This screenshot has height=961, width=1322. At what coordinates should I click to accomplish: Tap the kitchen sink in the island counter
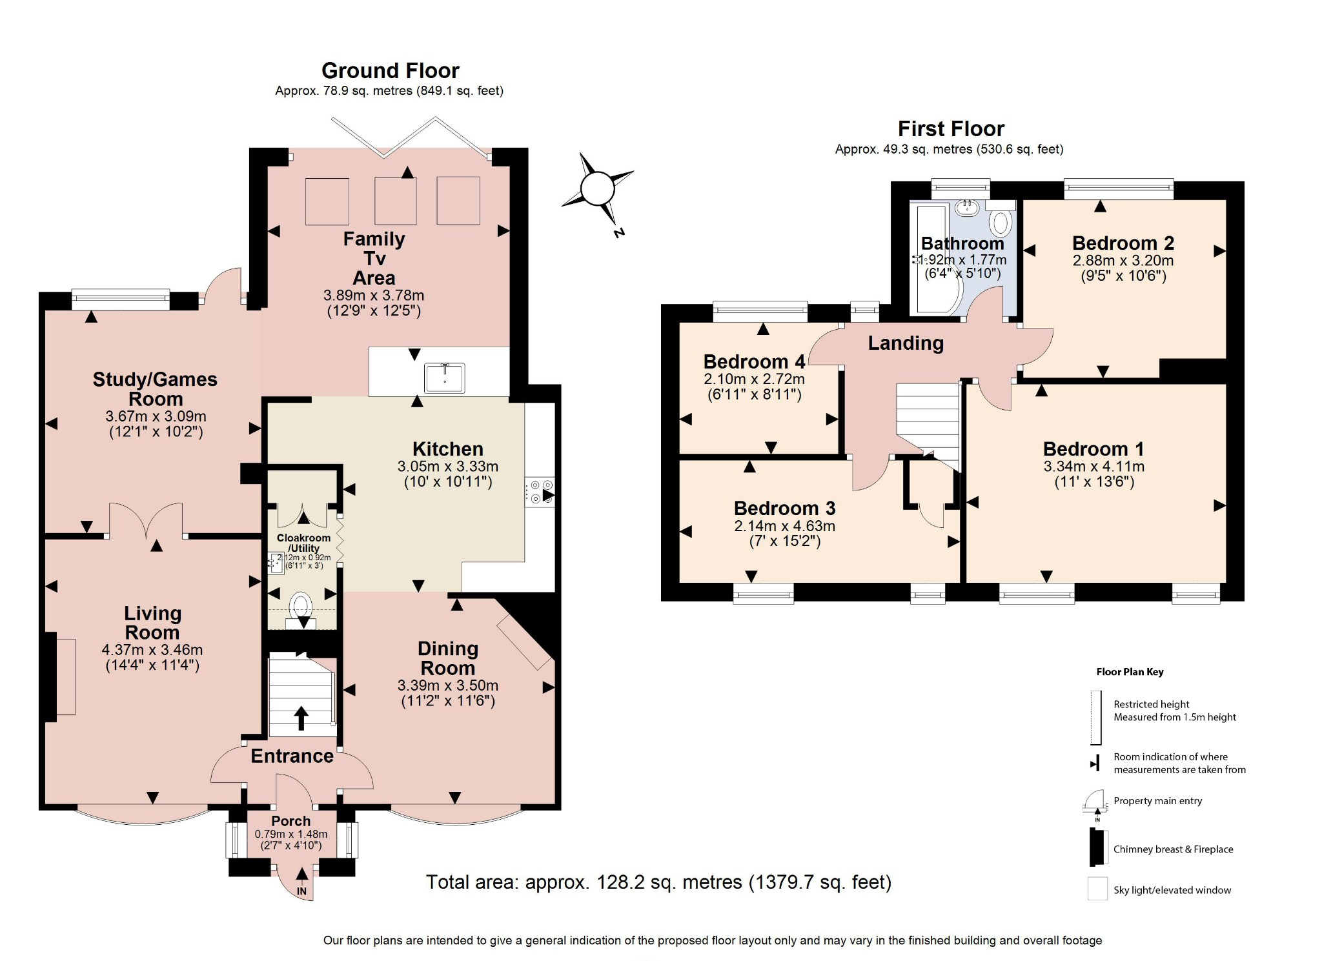444,378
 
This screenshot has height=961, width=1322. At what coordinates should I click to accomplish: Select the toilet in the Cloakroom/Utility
301,607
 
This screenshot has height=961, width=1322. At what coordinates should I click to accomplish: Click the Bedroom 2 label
1123,243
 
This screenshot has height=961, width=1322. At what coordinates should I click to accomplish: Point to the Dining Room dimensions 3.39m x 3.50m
447,685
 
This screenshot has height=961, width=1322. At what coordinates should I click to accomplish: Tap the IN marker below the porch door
301,891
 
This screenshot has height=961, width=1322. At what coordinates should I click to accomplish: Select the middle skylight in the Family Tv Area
395,201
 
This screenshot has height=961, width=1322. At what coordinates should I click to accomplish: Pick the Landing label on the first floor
905,343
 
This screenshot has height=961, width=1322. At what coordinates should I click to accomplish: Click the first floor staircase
928,420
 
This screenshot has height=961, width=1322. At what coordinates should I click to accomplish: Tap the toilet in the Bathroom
1001,223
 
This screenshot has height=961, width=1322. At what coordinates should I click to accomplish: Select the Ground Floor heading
390,70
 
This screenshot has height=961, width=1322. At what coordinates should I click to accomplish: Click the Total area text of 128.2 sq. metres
658,882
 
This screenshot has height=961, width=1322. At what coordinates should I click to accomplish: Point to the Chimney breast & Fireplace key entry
1172,849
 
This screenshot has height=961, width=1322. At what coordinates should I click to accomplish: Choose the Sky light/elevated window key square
1097,889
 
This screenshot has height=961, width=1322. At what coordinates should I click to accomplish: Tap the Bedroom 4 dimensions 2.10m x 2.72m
754,379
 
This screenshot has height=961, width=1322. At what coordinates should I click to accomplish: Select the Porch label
290,821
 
